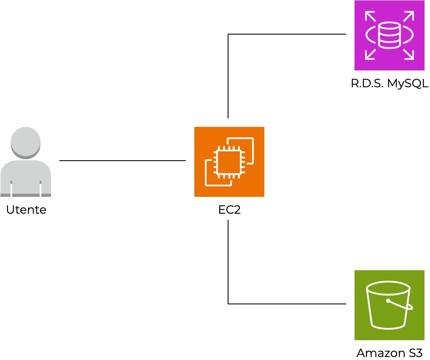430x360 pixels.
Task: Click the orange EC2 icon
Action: coord(229,161)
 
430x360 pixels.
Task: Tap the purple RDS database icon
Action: coord(389,35)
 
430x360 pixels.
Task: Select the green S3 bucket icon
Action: coord(389,305)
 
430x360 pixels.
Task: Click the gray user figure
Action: coord(26,162)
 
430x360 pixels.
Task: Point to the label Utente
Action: coord(26,210)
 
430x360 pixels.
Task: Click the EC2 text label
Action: coord(229,210)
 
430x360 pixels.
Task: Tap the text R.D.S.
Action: coord(367,83)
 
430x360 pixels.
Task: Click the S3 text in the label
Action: coord(413,353)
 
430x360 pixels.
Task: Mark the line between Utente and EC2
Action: coord(122,161)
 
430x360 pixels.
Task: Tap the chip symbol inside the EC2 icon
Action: coord(229,162)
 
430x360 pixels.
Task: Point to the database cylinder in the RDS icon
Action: coord(389,35)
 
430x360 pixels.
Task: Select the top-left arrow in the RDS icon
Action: coord(370,16)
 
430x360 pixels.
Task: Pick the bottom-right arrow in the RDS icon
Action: coord(408,54)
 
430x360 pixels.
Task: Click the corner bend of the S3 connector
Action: coord(228,304)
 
